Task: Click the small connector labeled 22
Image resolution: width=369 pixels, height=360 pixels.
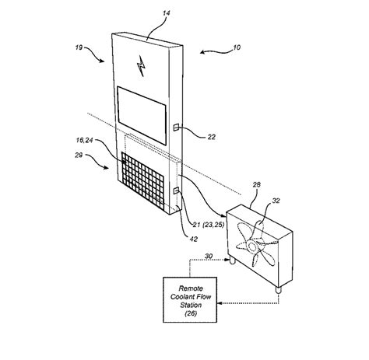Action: (x=177, y=127)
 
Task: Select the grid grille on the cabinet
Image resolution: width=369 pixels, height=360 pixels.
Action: (x=146, y=184)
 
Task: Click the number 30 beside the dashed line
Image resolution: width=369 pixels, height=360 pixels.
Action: (x=209, y=257)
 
